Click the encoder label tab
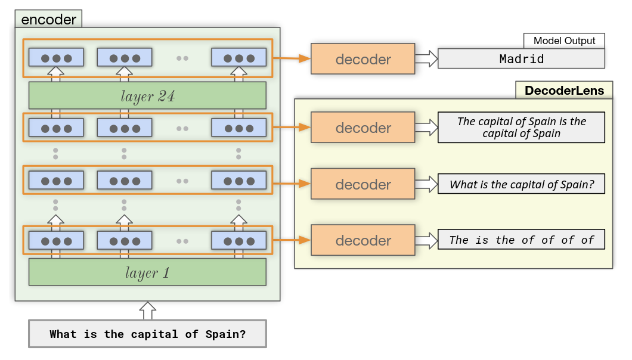[x=48, y=19]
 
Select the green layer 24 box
[x=147, y=95]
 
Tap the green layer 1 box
[x=147, y=272]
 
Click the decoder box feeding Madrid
[x=363, y=59]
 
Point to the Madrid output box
[x=521, y=59]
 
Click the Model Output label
[x=564, y=41]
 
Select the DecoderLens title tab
[x=564, y=91]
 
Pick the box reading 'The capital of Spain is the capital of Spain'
[x=521, y=128]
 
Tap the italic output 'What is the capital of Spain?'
[x=521, y=184]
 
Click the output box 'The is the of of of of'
[x=521, y=240]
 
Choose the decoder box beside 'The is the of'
[x=363, y=240]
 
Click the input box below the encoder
[x=147, y=334]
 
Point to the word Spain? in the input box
[x=225, y=334]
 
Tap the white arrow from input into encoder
[x=147, y=311]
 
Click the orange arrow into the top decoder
[x=292, y=59]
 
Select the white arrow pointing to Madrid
[x=426, y=59]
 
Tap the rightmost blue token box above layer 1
[x=239, y=241]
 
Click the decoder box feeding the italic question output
[x=363, y=184]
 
